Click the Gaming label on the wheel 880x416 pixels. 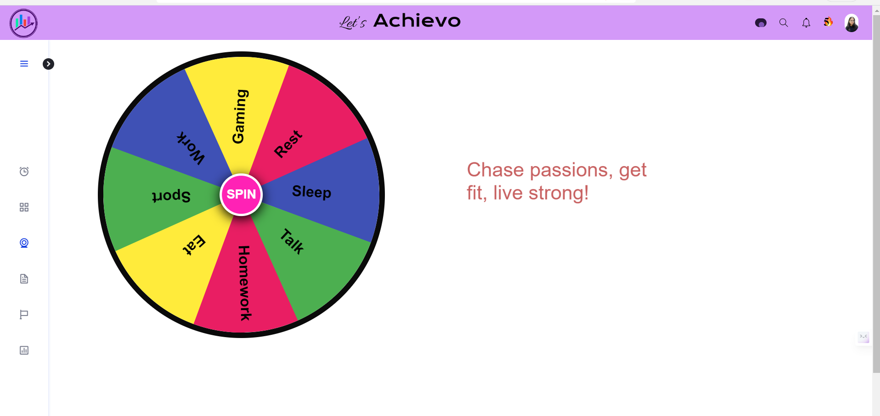[240, 116]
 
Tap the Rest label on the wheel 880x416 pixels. [288, 144]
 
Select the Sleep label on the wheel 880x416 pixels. [311, 192]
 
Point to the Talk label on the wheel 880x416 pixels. [292, 241]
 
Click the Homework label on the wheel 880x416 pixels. [244, 283]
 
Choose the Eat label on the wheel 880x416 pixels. [194, 244]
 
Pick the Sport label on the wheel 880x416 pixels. [171, 196]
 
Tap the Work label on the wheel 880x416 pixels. [191, 148]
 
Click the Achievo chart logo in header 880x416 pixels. [23, 23]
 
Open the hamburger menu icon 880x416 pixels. [24, 64]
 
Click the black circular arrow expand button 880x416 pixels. [48, 64]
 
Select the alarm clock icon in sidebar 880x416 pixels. [24, 172]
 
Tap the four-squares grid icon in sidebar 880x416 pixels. [24, 207]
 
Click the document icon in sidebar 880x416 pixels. [24, 279]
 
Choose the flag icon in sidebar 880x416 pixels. [24, 315]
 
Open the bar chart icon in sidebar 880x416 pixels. [24, 350]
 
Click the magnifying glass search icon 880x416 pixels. [784, 22]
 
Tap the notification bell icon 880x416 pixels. [806, 22]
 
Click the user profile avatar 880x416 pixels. [851, 23]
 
